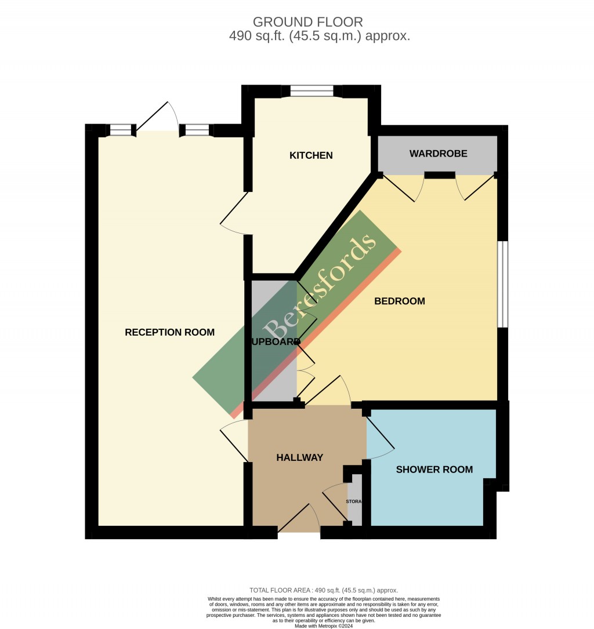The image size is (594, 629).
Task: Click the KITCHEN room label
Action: coord(312,155)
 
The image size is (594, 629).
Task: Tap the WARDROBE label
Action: coord(438,154)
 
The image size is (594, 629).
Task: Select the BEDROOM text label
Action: coord(400,301)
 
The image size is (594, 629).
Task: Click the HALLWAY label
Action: coord(299,457)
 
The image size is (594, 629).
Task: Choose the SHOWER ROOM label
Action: coord(434,470)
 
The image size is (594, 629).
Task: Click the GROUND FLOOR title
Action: coord(308,22)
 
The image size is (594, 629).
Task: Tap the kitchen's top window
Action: coord(312,90)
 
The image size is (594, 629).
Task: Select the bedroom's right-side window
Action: coord(503,283)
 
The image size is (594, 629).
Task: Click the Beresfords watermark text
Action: coord(320,288)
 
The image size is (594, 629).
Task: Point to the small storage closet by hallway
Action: coord(354,501)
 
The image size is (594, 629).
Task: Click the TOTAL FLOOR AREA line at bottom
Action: coord(324,590)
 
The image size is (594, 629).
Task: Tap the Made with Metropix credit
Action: coord(324,626)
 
